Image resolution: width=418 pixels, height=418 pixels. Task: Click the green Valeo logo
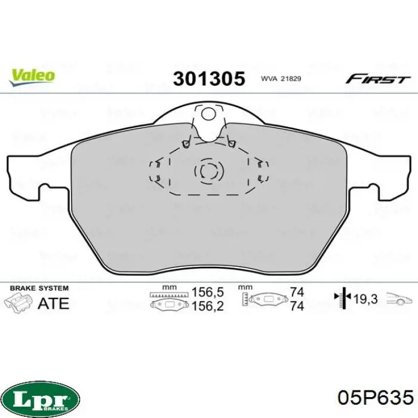point(32,77)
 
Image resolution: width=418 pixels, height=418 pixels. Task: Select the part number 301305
point(209,79)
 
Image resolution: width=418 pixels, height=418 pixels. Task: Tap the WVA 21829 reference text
point(281,79)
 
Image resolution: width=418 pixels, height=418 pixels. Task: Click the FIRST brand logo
point(377,79)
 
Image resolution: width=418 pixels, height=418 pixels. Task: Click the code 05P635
point(376,398)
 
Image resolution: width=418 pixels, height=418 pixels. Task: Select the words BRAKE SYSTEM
point(39,288)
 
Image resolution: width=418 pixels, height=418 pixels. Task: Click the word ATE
point(54,303)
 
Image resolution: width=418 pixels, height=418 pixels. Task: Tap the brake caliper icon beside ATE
point(18,302)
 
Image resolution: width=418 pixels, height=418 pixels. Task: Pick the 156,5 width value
point(208,292)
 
